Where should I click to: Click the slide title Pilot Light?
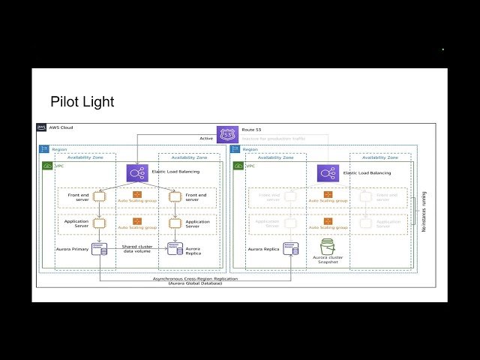(82, 101)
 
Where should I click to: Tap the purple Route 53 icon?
(227, 135)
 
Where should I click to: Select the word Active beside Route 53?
(207, 138)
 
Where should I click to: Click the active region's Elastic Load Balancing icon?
(137, 173)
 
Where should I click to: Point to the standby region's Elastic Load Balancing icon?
(328, 173)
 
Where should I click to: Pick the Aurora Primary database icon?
(98, 248)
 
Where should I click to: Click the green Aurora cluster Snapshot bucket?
(327, 247)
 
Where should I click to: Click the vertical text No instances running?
(424, 211)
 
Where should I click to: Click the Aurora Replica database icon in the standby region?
(291, 248)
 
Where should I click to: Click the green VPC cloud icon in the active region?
(47, 166)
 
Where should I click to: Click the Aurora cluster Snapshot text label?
(327, 259)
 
